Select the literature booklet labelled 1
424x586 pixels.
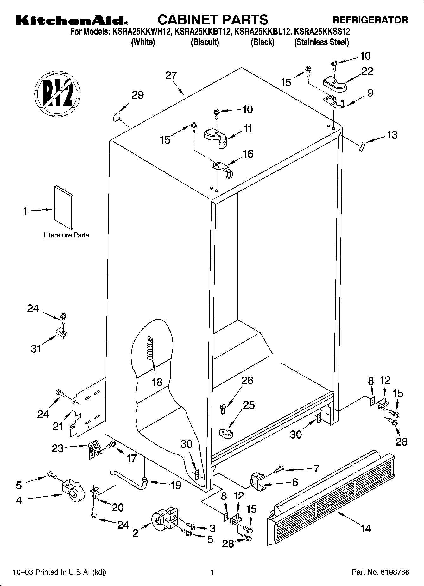coord(64,207)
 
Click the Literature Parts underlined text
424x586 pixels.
coord(66,235)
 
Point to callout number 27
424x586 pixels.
coord(171,76)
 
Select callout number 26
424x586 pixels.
coord(247,380)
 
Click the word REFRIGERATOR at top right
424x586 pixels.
coord(370,20)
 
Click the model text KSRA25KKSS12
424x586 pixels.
coord(322,32)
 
